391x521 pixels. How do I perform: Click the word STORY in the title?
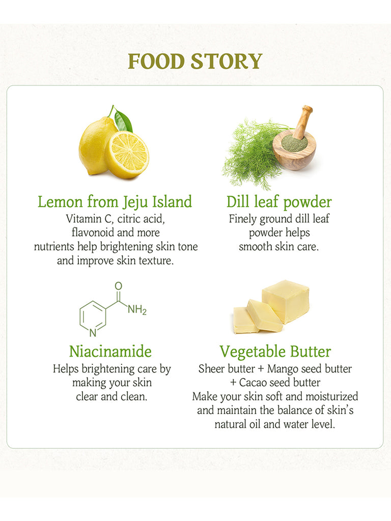[x=227, y=62]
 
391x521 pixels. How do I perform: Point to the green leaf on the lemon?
[x=123, y=120]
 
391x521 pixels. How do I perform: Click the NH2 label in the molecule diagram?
[x=136, y=310]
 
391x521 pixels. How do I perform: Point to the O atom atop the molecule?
[x=118, y=286]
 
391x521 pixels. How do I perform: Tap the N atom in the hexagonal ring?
[x=93, y=333]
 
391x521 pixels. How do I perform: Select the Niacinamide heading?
[x=110, y=352]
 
